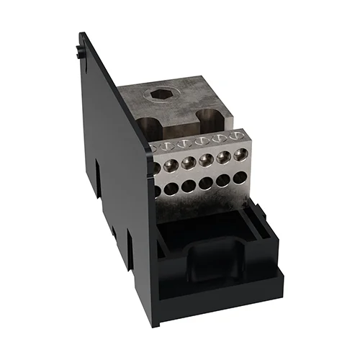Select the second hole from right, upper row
(220, 161)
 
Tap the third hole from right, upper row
(204, 163)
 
